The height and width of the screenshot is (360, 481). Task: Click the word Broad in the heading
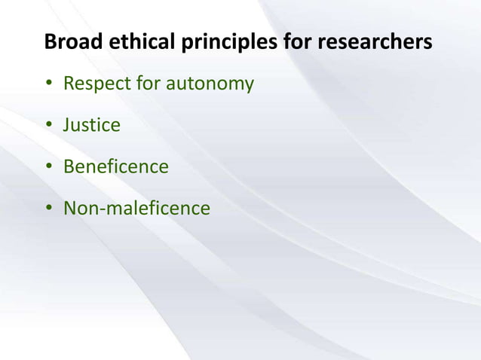click(x=68, y=42)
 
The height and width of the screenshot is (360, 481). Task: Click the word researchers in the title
click(x=375, y=42)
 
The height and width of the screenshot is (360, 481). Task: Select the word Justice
click(x=91, y=124)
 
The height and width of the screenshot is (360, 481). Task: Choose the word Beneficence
click(x=115, y=166)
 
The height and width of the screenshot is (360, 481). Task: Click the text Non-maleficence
click(x=136, y=207)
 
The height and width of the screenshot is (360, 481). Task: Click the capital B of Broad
click(x=51, y=42)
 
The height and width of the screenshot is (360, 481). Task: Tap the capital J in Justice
click(x=67, y=124)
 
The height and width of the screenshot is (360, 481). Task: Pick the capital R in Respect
click(x=69, y=83)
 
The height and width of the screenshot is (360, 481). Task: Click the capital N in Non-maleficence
click(x=70, y=207)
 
